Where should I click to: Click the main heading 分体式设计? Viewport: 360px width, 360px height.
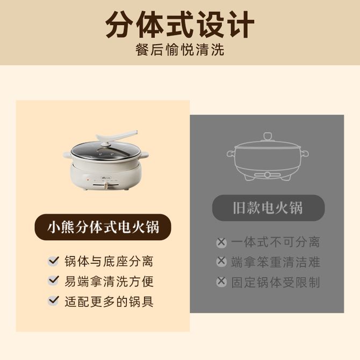coord(180,25)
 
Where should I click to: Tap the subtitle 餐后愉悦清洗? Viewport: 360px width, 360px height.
coord(180,49)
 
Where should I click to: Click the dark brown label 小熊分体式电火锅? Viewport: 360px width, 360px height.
coord(103,227)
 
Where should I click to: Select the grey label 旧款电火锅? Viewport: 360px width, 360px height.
coord(268,208)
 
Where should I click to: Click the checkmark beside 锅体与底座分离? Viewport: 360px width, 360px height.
coord(54,261)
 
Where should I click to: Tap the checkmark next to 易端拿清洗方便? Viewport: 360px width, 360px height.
coord(54,280)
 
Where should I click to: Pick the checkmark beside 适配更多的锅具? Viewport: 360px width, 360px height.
coord(54,300)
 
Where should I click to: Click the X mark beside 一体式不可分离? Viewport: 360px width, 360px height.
coord(221,242)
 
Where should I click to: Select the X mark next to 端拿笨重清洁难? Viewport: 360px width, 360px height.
coord(221,261)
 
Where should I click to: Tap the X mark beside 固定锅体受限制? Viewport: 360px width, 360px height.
coord(221,282)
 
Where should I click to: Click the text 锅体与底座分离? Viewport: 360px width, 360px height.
coord(109,261)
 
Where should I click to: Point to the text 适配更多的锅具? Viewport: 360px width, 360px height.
coord(109,301)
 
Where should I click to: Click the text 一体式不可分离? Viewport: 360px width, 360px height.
coord(276,242)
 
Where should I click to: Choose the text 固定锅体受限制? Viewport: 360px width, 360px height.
coord(276,282)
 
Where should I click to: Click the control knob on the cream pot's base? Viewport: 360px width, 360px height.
coord(106,185)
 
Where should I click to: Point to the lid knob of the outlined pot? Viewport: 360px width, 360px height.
coord(267,136)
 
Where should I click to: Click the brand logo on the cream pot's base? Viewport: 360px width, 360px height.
coord(106,178)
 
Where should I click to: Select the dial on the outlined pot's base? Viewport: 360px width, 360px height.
coord(267,175)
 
